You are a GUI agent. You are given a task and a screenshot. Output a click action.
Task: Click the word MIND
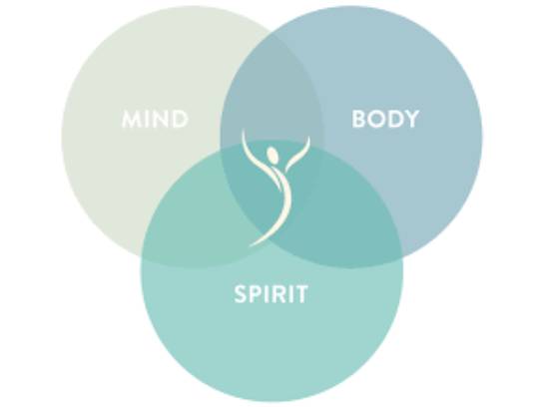(155, 119)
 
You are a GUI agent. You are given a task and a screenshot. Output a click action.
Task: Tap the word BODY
(385, 119)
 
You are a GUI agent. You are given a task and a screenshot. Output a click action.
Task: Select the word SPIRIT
(271, 294)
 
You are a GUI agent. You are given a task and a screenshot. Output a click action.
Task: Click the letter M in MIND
(131, 119)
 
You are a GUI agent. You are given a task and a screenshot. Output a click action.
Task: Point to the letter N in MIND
(162, 119)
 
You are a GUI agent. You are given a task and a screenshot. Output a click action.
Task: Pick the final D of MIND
(181, 119)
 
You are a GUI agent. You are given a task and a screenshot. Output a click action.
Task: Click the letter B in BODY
(358, 119)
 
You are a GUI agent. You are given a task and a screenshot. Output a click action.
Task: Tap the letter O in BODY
(376, 119)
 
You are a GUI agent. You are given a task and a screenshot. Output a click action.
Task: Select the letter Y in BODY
(410, 119)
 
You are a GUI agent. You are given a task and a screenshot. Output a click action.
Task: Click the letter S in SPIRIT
(241, 294)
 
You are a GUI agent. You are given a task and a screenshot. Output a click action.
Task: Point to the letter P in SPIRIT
(258, 294)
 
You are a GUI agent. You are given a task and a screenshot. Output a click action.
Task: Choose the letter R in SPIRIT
(280, 294)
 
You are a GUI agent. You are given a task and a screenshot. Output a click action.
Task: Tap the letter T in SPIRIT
(300, 294)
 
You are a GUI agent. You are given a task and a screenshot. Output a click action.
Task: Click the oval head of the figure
(272, 155)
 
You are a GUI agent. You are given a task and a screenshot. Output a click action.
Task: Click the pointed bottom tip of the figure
(250, 246)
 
